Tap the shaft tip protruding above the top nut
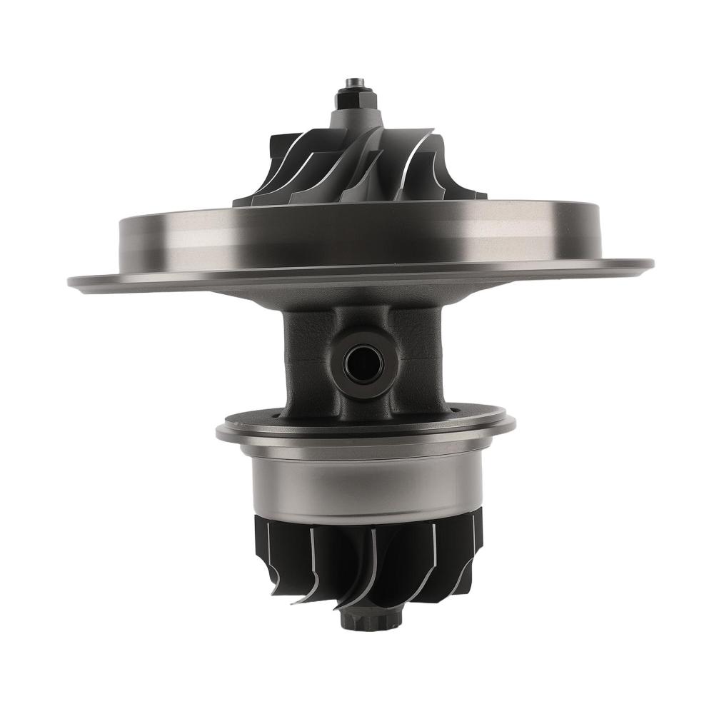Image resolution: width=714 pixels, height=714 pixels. (x=355, y=83)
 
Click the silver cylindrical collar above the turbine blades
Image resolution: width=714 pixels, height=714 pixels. (x=364, y=486)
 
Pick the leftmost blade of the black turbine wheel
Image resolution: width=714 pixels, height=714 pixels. (x=261, y=550)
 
